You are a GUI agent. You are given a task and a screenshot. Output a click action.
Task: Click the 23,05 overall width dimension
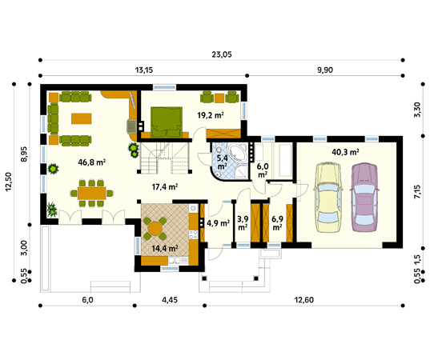tap(222, 54)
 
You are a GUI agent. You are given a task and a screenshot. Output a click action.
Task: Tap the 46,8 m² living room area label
tap(92, 162)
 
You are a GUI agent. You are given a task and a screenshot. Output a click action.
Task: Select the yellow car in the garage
tap(328, 198)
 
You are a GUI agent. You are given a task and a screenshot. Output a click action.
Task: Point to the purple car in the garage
tap(364, 198)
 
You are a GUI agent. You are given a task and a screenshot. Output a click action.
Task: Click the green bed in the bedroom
tap(167, 122)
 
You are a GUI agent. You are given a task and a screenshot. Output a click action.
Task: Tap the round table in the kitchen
tap(155, 228)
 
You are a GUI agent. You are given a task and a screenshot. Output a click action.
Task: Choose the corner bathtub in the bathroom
tap(238, 152)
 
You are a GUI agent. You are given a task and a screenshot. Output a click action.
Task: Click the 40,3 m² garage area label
tap(346, 152)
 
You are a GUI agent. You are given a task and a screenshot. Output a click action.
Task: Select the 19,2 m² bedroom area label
tap(211, 115)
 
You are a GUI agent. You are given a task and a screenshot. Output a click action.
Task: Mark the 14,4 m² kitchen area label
tap(165, 249)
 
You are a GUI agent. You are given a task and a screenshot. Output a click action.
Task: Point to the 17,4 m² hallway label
tap(165, 187)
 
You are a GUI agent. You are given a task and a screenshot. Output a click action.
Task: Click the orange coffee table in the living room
tap(82, 118)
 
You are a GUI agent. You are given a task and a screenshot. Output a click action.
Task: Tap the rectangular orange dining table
tap(92, 193)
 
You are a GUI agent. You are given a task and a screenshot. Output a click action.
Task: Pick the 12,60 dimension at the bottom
tap(303, 300)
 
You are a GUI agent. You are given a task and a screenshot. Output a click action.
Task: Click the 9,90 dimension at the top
tap(325, 70)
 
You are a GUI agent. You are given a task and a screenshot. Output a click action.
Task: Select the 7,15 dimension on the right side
tap(417, 192)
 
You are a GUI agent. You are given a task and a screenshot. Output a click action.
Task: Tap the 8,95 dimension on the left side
tap(24, 154)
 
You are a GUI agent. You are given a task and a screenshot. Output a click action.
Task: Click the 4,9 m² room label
tap(219, 223)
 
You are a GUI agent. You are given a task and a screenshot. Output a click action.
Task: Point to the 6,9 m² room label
tap(277, 223)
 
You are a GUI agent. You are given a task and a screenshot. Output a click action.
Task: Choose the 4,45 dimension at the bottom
tap(170, 300)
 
